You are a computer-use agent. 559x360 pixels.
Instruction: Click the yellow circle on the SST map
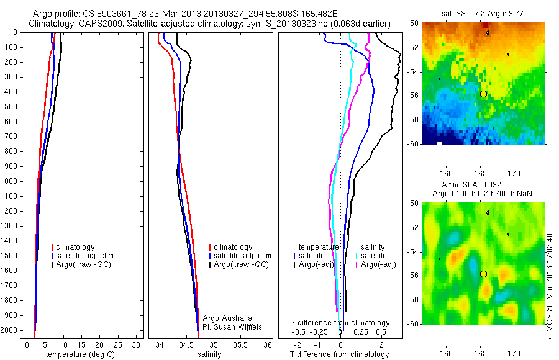tap(483, 94)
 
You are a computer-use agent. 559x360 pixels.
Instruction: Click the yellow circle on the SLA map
tap(483, 274)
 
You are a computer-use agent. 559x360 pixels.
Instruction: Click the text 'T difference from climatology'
tap(339, 354)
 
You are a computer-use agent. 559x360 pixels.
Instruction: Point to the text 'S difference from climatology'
tap(340, 323)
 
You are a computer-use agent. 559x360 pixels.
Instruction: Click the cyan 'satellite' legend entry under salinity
tap(374, 256)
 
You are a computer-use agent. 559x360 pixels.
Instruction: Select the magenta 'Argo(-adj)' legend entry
tap(377, 264)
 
